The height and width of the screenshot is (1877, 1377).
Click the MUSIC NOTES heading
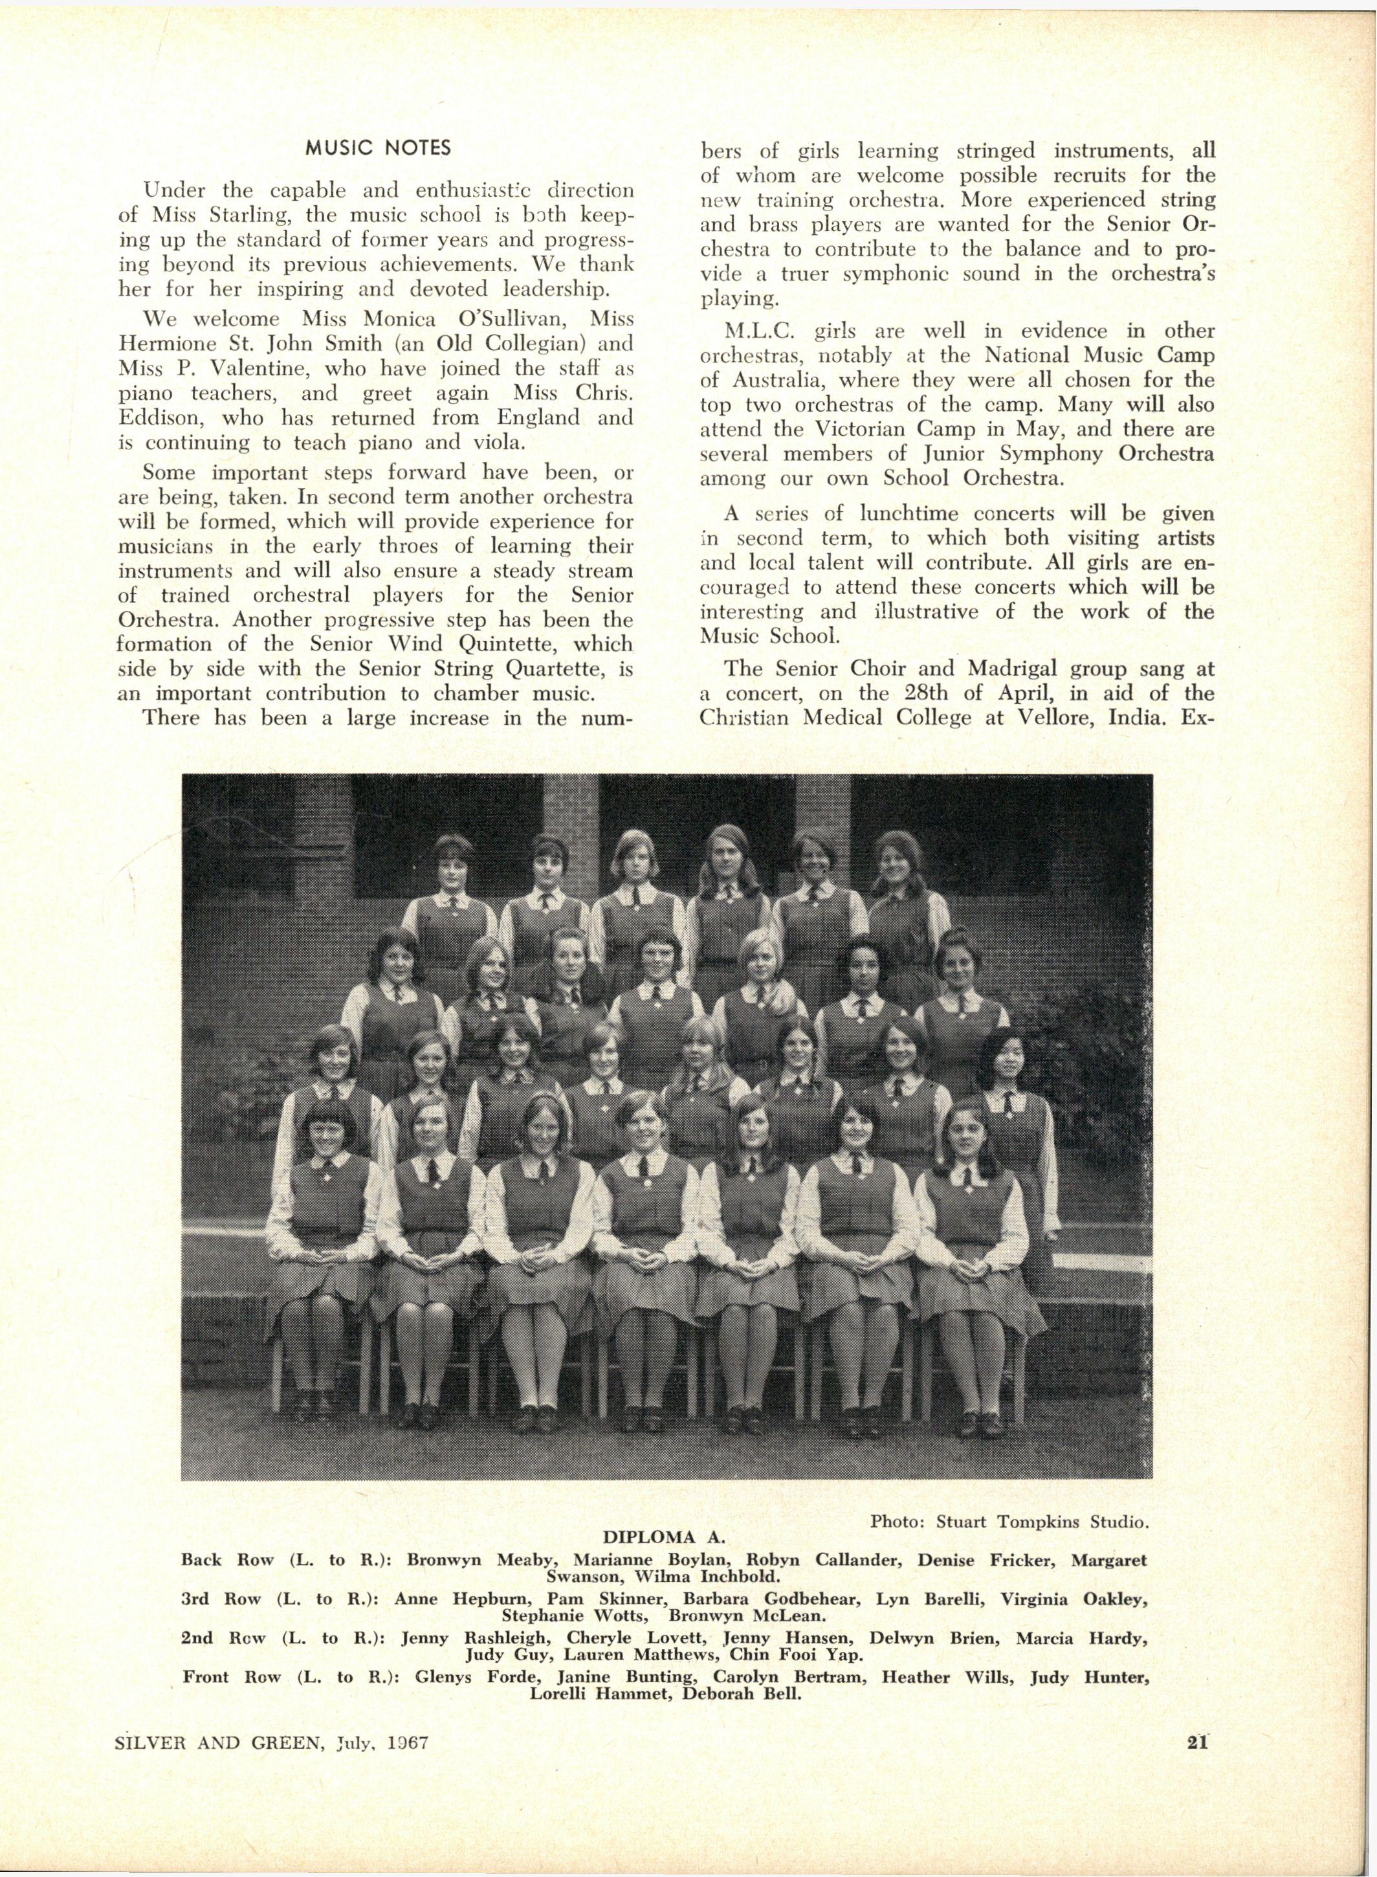378,148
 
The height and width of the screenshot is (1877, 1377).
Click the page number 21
1198,1741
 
